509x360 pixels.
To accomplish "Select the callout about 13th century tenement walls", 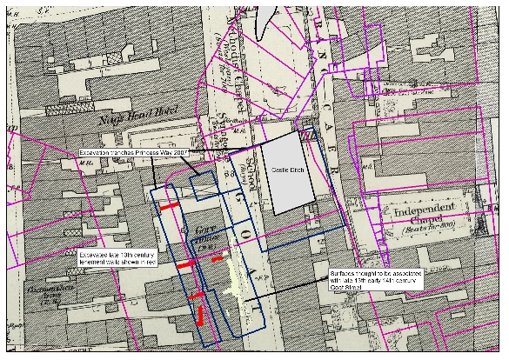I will click(110, 257).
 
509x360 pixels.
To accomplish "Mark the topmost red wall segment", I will click(168, 206).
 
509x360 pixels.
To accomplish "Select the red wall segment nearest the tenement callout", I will click(187, 263).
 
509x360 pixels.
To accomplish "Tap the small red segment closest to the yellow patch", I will click(217, 258).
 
